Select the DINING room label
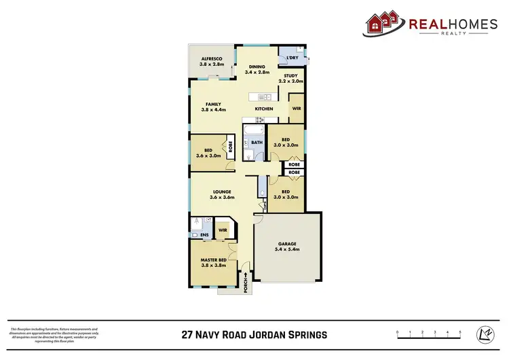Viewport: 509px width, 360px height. (261, 67)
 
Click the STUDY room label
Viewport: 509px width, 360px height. (290, 76)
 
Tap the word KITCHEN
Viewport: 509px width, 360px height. (264, 109)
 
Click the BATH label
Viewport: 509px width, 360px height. (257, 143)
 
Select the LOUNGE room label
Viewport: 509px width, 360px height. (221, 192)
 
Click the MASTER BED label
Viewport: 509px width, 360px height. (212, 259)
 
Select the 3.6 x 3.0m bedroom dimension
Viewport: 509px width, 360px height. (206, 156)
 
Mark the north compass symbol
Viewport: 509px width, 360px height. (485, 334)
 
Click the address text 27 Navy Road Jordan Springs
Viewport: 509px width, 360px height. (254, 334)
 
